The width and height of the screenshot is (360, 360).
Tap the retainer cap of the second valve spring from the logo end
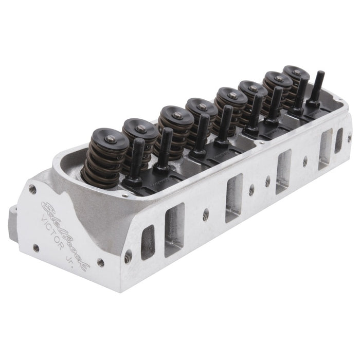point(140,126)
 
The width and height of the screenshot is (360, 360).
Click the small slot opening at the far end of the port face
point(339,139)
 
